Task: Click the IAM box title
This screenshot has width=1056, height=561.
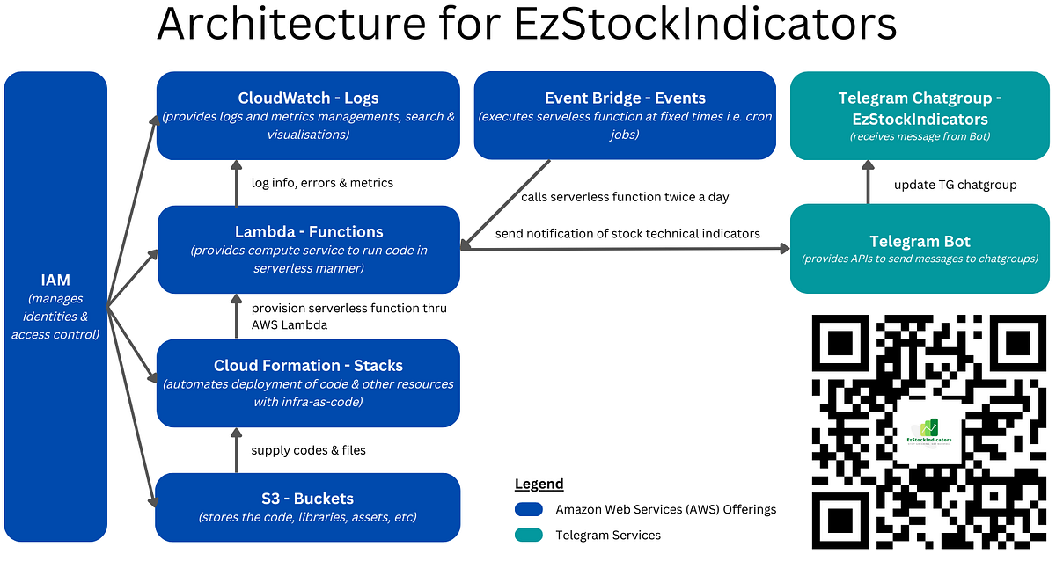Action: point(55,280)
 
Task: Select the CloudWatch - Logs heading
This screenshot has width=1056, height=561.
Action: point(308,98)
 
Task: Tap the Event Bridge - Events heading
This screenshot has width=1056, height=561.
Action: point(625,98)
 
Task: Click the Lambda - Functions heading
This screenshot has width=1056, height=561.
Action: point(309,232)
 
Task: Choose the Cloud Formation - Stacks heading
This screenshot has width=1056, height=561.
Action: point(308,366)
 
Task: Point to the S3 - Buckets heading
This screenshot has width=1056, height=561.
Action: point(307,499)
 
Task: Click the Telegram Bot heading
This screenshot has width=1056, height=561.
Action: point(920,241)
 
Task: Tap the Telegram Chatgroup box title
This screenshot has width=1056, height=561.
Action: point(920,108)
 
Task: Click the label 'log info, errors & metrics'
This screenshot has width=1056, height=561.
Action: point(322,183)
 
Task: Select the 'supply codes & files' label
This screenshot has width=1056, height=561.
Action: point(308,450)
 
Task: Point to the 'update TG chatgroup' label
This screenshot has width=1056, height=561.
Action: point(955,185)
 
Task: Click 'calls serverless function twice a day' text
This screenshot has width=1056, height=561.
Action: point(625,197)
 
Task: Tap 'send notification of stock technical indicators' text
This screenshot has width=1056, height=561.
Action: point(627,234)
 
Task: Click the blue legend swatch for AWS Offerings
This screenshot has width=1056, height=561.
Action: point(529,509)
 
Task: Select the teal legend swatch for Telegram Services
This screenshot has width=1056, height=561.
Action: point(529,535)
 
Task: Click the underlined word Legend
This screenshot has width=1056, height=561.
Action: point(539,484)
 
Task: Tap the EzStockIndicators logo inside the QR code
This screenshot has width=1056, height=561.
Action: point(928,433)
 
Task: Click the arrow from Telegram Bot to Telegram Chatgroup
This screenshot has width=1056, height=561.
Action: point(868,182)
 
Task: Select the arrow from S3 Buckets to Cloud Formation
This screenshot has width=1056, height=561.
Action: point(237,450)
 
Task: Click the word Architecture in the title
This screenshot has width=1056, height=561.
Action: point(291,24)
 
